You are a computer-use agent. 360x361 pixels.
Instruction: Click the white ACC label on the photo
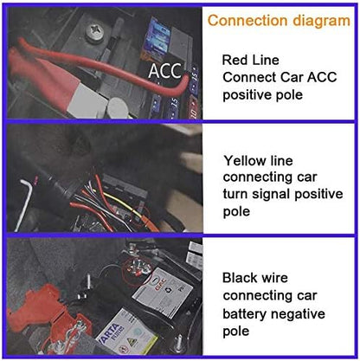point(165,71)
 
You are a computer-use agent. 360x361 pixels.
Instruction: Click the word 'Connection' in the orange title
point(247,21)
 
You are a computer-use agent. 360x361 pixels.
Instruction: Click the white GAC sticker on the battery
point(164,293)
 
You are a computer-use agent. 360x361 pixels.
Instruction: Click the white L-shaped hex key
point(25,202)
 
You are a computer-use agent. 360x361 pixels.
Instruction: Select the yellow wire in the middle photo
point(121,203)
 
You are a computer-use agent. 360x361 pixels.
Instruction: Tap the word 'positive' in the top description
point(246,95)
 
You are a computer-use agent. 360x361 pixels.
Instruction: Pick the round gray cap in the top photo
point(119,107)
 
